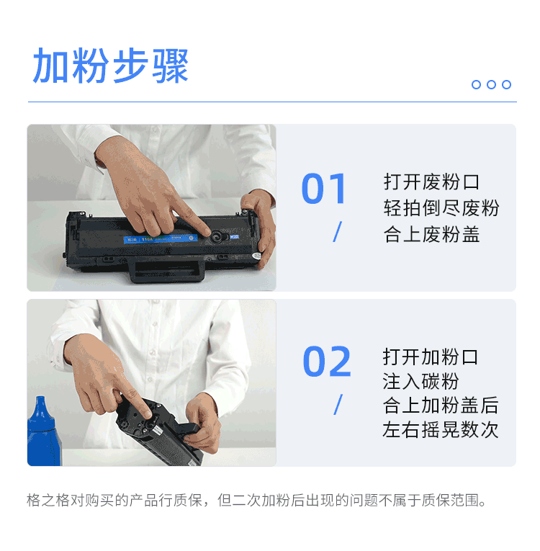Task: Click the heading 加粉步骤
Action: pyautogui.click(x=111, y=66)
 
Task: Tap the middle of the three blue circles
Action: pyautogui.click(x=491, y=85)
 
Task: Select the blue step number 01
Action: pyautogui.click(x=324, y=189)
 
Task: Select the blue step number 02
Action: pyautogui.click(x=327, y=362)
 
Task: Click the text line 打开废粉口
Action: pyautogui.click(x=431, y=182)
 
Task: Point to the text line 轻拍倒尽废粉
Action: pyautogui.click(x=441, y=208)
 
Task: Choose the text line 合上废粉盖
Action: pyautogui.click(x=431, y=234)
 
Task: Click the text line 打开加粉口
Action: pyautogui.click(x=430, y=357)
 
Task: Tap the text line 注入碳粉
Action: pyautogui.click(x=420, y=381)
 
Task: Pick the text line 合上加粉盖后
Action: pyautogui.click(x=440, y=406)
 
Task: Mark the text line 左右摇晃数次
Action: pyautogui.click(x=440, y=429)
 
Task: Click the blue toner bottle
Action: pyautogui.click(x=43, y=432)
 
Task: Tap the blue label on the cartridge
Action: pyautogui.click(x=161, y=238)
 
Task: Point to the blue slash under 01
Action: pyautogui.click(x=337, y=232)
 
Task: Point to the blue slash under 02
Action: pyautogui.click(x=338, y=405)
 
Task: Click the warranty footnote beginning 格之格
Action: pyautogui.click(x=256, y=501)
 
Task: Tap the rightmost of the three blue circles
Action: pyautogui.click(x=506, y=85)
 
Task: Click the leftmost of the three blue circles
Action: pyautogui.click(x=476, y=85)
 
